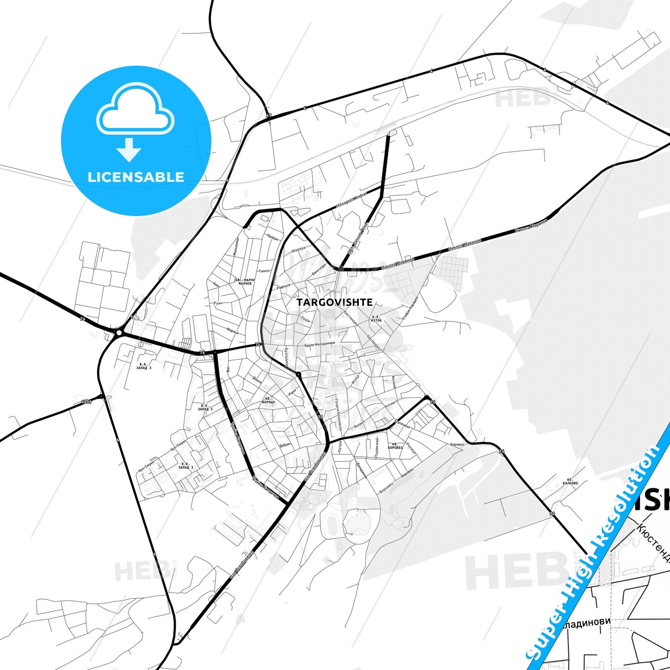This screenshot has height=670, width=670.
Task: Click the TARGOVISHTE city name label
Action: pos(334,302)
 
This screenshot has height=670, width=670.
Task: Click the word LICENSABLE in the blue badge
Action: pos(136,177)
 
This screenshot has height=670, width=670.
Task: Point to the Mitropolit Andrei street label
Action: pos(351,200)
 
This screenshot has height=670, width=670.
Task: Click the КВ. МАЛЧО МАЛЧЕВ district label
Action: pos(245,282)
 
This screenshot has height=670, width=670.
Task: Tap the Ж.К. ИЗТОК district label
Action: pos(376,319)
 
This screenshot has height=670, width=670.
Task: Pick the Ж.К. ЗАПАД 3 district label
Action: pos(144,366)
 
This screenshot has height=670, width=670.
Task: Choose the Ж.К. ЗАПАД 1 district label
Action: pos(205,407)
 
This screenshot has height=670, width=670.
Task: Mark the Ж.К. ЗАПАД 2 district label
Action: pos(185,466)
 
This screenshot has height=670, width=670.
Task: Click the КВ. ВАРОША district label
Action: pos(268,400)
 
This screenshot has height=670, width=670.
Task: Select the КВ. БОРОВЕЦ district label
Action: pos(395,446)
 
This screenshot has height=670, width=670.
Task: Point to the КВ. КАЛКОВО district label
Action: pos(570,481)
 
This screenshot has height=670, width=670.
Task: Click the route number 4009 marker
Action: pos(86,402)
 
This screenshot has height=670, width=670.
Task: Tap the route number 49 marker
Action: pos(269,115)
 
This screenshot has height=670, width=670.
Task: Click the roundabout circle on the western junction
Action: pos(119,332)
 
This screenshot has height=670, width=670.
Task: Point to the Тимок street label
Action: pos(264,271)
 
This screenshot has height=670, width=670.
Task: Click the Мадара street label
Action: pos(299,249)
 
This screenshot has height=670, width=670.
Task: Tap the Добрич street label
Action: pos(285,445)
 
